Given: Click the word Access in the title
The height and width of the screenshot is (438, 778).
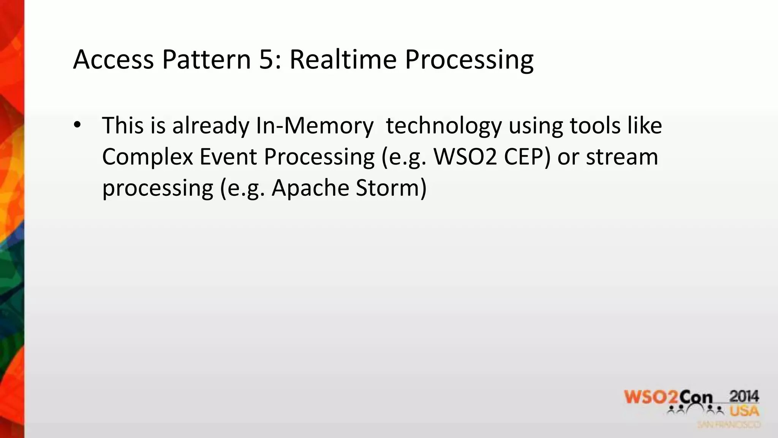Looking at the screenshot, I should click(113, 60).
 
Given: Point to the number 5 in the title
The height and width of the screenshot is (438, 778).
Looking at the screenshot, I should click(267, 60).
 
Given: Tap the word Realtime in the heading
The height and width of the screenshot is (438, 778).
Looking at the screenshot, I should click(343, 60).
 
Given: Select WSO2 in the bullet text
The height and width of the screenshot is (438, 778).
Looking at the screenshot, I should click(465, 157).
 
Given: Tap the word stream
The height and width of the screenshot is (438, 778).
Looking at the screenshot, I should click(622, 157).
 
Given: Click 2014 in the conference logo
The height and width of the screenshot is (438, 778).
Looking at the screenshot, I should click(744, 397).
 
